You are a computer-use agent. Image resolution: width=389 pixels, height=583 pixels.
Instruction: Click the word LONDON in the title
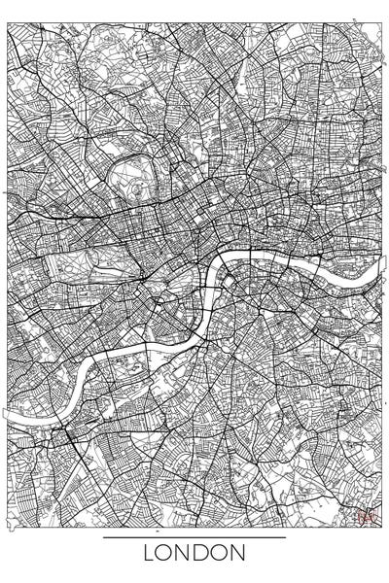click(x=194, y=554)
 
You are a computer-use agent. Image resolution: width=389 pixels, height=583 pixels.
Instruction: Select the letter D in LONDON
click(x=202, y=554)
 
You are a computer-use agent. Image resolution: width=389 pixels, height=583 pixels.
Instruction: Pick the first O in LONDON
click(x=167, y=554)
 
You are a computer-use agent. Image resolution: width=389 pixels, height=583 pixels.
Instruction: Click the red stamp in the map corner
click(x=367, y=518)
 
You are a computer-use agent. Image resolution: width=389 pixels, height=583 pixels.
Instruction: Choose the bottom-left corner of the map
click(x=8, y=528)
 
